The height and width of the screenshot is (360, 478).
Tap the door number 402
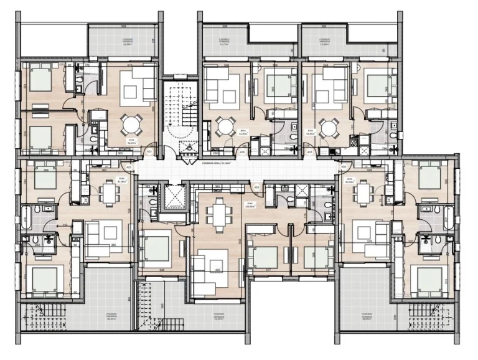(128, 167)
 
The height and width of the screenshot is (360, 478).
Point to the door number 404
(344, 167)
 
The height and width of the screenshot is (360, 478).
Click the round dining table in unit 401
(130, 124)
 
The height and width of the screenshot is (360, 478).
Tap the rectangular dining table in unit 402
(110, 191)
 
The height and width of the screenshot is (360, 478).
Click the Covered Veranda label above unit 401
(129, 40)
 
